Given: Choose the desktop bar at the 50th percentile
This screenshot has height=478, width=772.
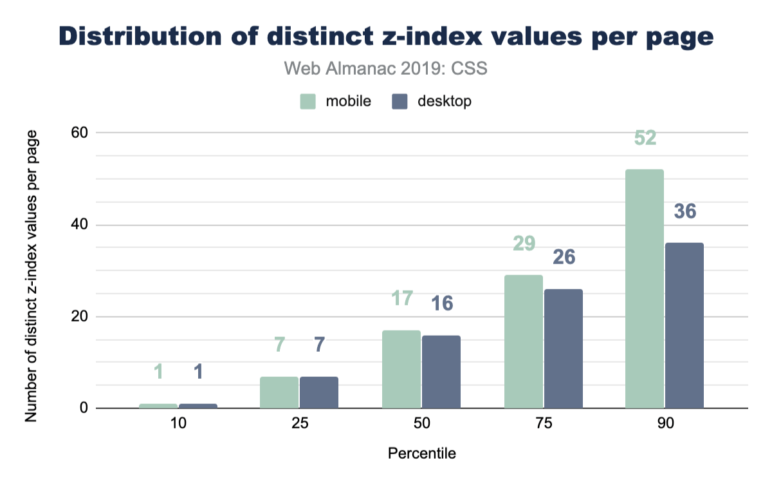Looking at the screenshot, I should (441, 372).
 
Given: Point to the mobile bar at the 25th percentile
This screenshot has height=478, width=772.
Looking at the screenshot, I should (279, 392).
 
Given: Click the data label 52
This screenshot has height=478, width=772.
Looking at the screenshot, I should (644, 138).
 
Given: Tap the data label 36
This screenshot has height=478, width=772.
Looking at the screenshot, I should (685, 211).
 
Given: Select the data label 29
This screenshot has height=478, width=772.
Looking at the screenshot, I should (524, 244).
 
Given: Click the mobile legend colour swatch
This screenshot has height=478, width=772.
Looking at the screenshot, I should (308, 102).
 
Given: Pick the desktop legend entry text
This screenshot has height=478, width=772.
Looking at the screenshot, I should (445, 102).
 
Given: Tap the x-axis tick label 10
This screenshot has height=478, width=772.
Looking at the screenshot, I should (178, 425).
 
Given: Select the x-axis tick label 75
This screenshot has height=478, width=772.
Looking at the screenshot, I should (544, 425).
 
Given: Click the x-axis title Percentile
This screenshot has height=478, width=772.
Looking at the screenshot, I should (422, 454).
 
